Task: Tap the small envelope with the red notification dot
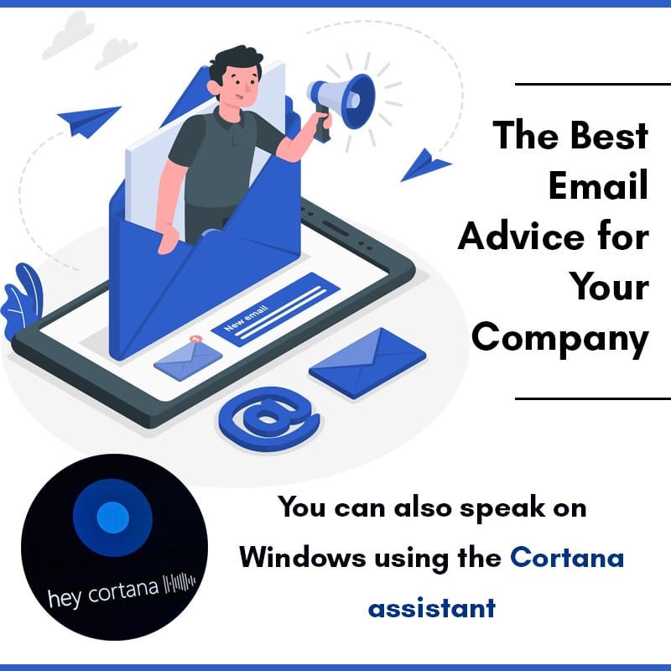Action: pos(188,356)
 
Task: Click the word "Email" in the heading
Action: pos(598,185)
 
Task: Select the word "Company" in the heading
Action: pos(559,339)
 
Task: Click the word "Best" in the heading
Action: pos(606,134)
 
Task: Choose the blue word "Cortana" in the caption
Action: pos(567,557)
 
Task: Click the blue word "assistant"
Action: pos(431,606)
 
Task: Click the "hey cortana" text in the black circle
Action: pos(103,592)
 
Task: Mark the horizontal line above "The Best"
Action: pos(592,84)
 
